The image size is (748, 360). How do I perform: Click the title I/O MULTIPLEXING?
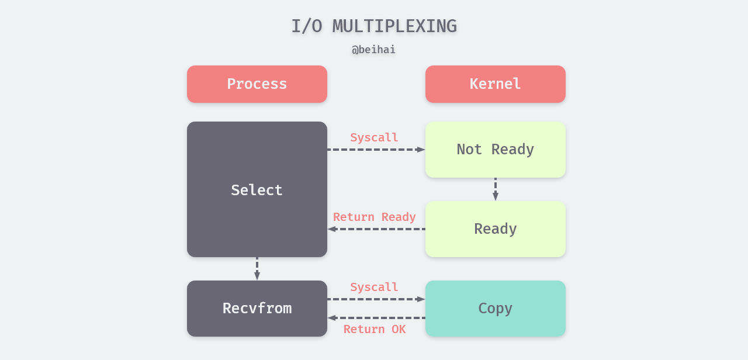point(374,26)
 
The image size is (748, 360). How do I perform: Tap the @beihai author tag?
point(374,50)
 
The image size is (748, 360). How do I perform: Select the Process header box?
point(257,84)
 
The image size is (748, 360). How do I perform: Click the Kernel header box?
point(496,84)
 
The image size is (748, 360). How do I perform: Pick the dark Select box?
point(257,189)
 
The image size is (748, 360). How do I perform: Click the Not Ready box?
point(496,150)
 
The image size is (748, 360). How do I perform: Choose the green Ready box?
point(496,229)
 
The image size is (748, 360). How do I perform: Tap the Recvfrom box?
point(257,309)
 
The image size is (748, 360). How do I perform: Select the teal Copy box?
point(496,309)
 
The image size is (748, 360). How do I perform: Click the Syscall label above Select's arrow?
point(374,138)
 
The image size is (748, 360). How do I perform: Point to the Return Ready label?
point(374,217)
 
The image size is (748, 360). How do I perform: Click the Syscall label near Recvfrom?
point(374,288)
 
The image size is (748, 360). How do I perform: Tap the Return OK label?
point(374,329)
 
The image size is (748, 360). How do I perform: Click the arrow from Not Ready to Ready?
point(496,189)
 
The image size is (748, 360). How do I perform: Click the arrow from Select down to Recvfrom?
point(257,268)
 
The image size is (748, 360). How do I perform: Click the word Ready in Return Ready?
point(399,217)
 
